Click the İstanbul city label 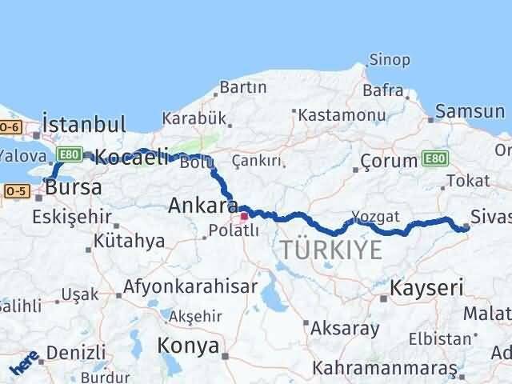pyautogui.click(x=83, y=124)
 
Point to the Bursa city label pyautogui.click(x=73, y=188)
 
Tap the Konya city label pyautogui.click(x=189, y=346)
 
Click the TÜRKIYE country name pyautogui.click(x=330, y=250)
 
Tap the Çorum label pyautogui.click(x=389, y=161)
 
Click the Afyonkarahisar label pyautogui.click(x=190, y=286)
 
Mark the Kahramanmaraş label pyautogui.click(x=382, y=369)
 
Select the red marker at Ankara pyautogui.click(x=244, y=215)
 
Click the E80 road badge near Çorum pyautogui.click(x=435, y=159)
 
